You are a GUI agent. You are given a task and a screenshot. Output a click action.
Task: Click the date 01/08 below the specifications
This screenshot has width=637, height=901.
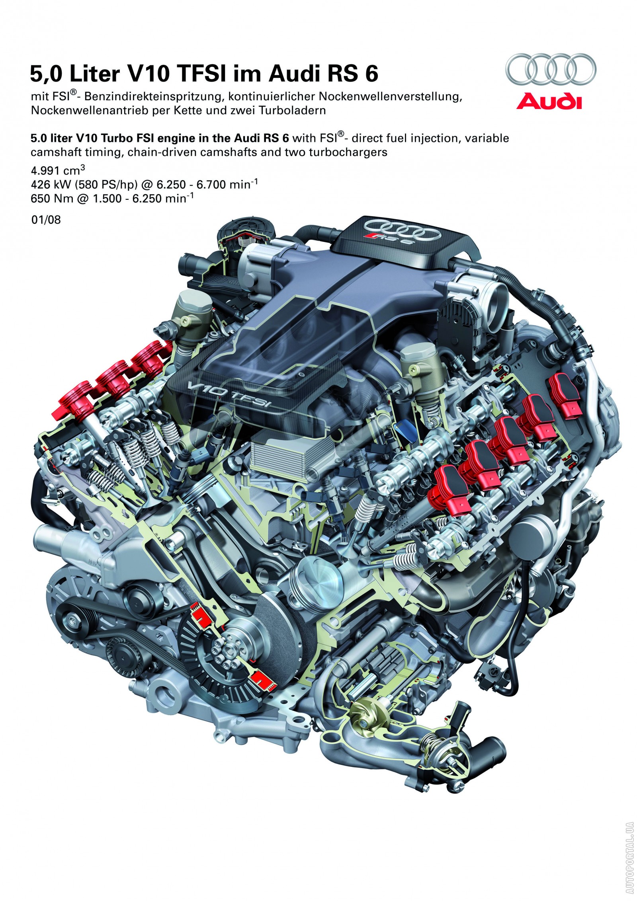tap(46, 220)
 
